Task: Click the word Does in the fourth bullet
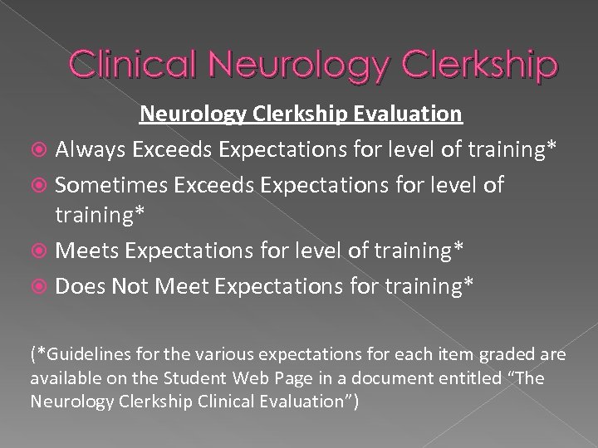pos(80,285)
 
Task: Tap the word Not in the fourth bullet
pos(131,285)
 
